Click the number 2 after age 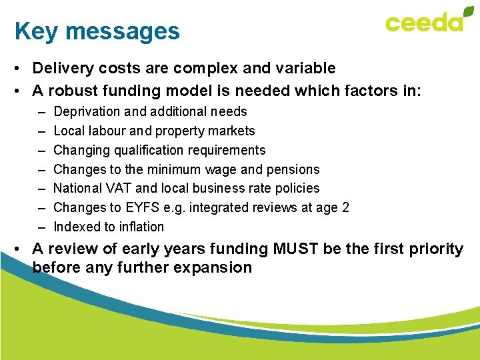[345, 207]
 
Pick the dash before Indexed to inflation [41, 227]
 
